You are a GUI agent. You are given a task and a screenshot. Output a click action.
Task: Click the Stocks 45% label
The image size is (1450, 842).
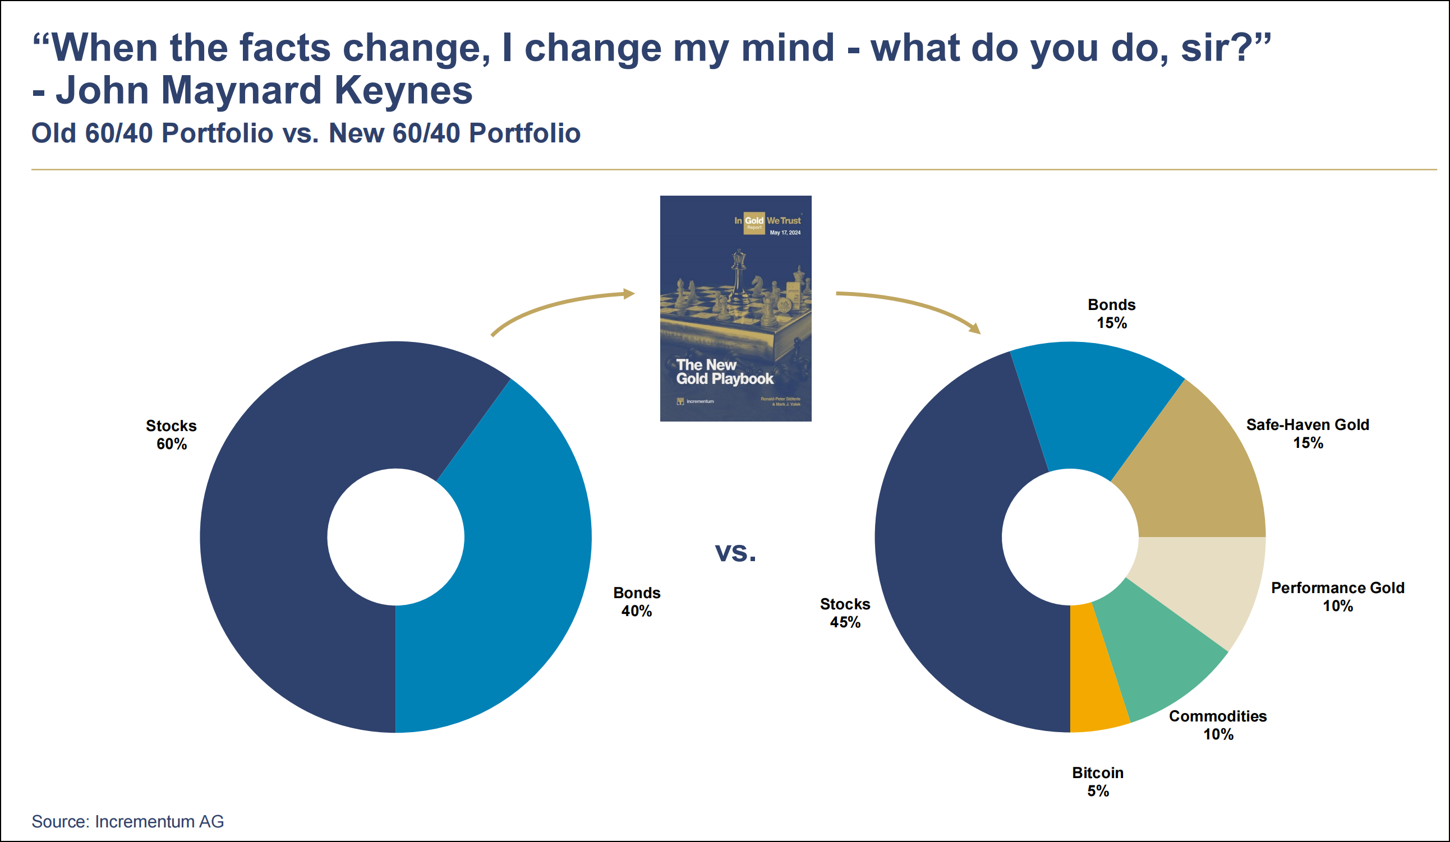point(845,613)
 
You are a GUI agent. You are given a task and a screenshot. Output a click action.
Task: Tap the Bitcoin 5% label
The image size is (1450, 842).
point(1097,781)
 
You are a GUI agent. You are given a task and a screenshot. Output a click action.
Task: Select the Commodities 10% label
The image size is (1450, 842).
point(1218,725)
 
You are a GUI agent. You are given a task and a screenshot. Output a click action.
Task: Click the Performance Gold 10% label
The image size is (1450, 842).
point(1337,597)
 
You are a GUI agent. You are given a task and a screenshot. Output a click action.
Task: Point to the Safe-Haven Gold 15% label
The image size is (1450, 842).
point(1308,434)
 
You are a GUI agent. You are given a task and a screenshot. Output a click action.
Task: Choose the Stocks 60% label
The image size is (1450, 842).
point(171,435)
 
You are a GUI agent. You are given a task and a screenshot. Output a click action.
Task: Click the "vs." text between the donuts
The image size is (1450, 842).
point(735,552)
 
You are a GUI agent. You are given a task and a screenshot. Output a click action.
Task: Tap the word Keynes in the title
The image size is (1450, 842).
point(403,91)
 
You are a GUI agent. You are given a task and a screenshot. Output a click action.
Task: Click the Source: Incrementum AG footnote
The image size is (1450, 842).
point(127,821)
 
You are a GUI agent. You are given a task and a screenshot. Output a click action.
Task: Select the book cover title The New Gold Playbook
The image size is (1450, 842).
point(724,372)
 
